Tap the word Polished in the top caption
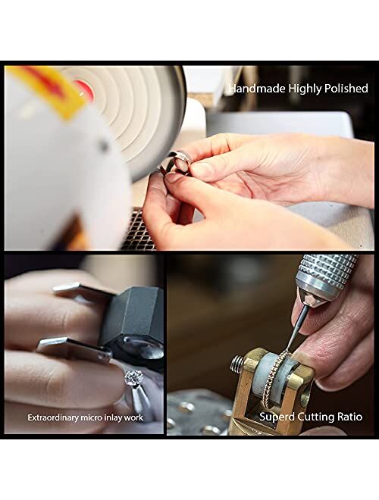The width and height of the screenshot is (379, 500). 346,89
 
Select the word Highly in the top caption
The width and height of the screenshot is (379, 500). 305,89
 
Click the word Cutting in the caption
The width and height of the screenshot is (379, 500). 315,417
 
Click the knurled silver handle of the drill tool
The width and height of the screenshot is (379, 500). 324,276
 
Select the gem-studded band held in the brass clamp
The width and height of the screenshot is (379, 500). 274,379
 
